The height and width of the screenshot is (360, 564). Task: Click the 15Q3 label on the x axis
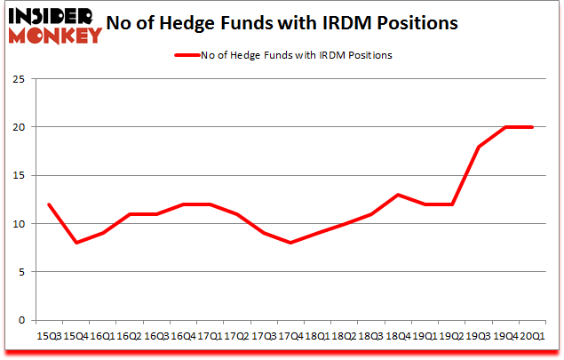[50, 335]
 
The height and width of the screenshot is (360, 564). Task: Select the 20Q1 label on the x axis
[532, 335]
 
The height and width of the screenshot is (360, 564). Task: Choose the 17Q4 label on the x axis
[290, 335]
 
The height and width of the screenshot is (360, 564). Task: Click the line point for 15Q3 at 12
[50, 204]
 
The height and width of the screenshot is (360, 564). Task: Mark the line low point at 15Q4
[76, 243]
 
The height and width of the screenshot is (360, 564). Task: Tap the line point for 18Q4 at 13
[398, 195]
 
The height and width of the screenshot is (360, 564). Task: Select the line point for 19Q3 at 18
[479, 146]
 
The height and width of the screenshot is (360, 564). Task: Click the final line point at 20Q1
[532, 126]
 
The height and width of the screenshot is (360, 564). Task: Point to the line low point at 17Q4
[290, 243]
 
